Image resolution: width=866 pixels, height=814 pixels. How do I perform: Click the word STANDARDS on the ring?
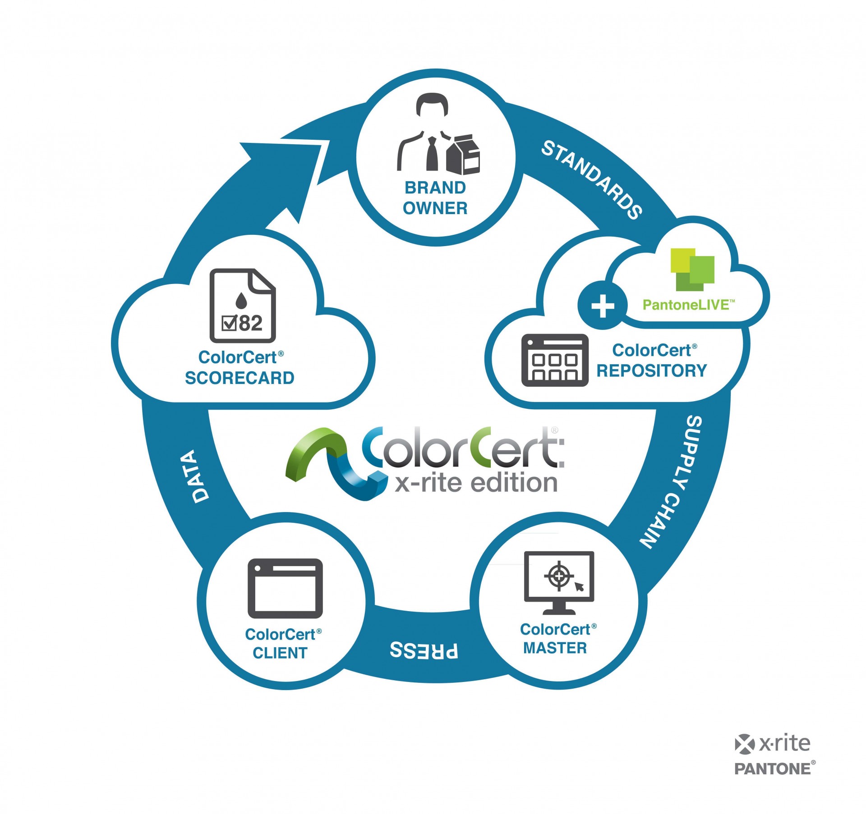(592, 179)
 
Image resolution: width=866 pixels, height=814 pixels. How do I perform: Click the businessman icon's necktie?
(432, 153)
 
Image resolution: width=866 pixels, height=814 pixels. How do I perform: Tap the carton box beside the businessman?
(464, 155)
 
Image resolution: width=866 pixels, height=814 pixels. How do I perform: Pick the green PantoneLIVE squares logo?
(692, 269)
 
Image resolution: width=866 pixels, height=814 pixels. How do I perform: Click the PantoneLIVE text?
(688, 305)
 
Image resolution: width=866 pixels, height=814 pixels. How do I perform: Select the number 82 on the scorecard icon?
(250, 323)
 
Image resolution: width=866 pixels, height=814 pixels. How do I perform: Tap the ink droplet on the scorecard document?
(242, 299)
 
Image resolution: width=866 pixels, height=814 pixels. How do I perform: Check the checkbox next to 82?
(229, 323)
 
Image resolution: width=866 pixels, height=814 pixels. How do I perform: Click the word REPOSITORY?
(651, 370)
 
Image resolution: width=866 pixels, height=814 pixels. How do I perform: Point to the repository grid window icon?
(555, 360)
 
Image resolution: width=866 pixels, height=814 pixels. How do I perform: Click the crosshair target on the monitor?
(559, 576)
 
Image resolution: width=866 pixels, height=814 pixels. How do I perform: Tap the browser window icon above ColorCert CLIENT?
(285, 588)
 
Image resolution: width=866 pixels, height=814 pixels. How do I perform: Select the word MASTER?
(555, 648)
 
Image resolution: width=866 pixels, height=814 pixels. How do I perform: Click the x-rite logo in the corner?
(772, 744)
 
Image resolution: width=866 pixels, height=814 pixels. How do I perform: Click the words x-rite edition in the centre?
(476, 483)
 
